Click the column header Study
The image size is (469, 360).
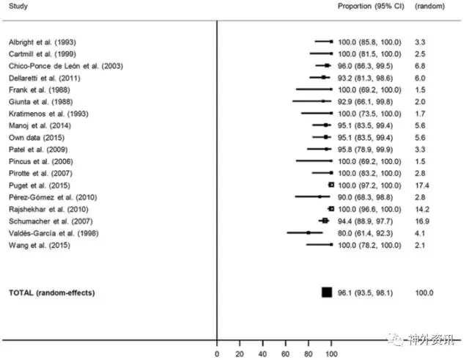pyautogui.click(x=18, y=6)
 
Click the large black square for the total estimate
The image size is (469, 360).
pyautogui.click(x=327, y=293)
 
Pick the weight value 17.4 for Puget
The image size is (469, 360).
pyautogui.click(x=422, y=185)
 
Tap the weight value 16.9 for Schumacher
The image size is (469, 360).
pyautogui.click(x=422, y=221)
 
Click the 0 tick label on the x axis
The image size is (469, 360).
pyautogui.click(x=218, y=353)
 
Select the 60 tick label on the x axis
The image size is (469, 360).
pyautogui.click(x=286, y=353)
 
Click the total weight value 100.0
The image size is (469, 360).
pyautogui.click(x=424, y=293)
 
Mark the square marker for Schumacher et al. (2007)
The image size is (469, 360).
pyautogui.click(x=325, y=221)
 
